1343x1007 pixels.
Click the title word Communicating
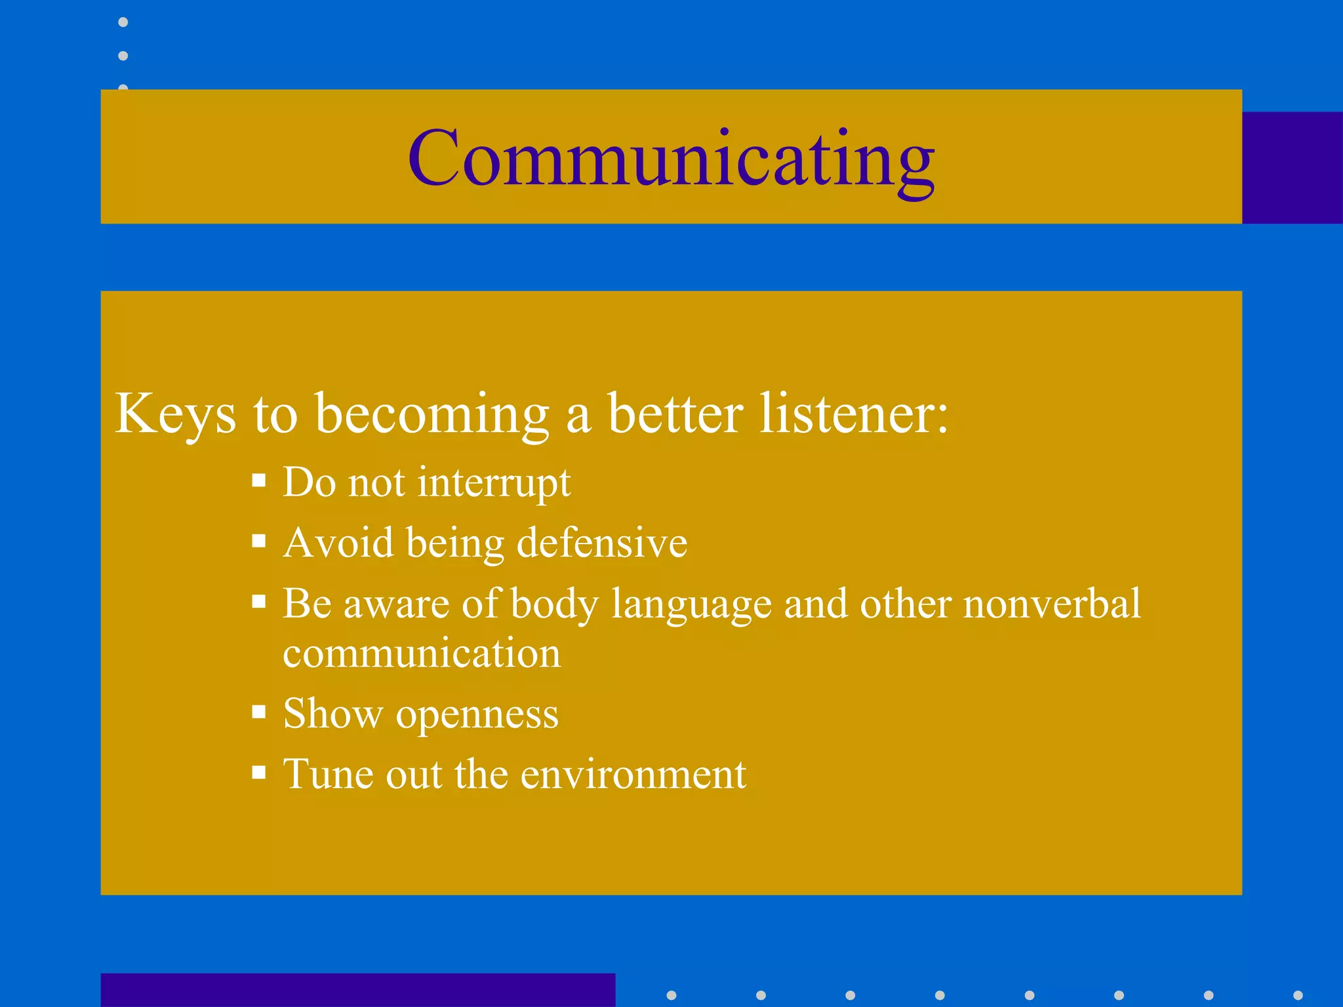(671, 159)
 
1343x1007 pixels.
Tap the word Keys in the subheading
(175, 414)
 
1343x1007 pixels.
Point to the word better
(675, 414)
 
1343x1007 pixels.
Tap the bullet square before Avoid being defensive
(259, 542)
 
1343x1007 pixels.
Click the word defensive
(601, 543)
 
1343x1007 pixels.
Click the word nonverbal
(1052, 603)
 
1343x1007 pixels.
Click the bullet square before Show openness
(259, 712)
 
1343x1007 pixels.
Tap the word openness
(477, 715)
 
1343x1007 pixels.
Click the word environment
(633, 774)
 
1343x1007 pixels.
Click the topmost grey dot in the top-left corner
(123, 22)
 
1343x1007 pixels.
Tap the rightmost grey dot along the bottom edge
(1298, 995)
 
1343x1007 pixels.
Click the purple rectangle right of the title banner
(1292, 168)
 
